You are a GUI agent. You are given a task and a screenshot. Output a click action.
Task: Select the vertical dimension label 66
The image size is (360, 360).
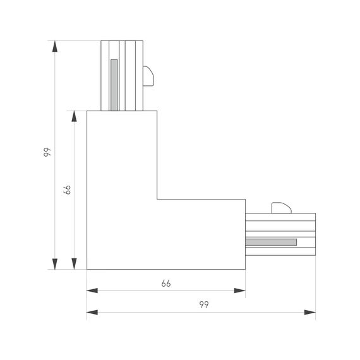(67, 189)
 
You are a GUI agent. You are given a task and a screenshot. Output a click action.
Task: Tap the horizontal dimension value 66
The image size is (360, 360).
(166, 284)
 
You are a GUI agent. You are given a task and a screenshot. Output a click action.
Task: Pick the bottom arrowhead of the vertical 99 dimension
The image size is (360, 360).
(55, 263)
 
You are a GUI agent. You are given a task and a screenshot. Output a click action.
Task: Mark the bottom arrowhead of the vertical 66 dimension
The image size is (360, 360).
(75, 263)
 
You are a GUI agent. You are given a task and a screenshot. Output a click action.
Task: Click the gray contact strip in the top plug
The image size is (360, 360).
(114, 85)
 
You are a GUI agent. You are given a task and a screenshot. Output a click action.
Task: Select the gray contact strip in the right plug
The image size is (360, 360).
(271, 242)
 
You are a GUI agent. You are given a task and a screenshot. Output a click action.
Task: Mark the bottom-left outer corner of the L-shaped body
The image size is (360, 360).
(87, 269)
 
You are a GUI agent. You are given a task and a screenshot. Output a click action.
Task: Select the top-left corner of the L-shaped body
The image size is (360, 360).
(87, 112)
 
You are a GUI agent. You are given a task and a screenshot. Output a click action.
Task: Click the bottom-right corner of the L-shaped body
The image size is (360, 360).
(245, 269)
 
